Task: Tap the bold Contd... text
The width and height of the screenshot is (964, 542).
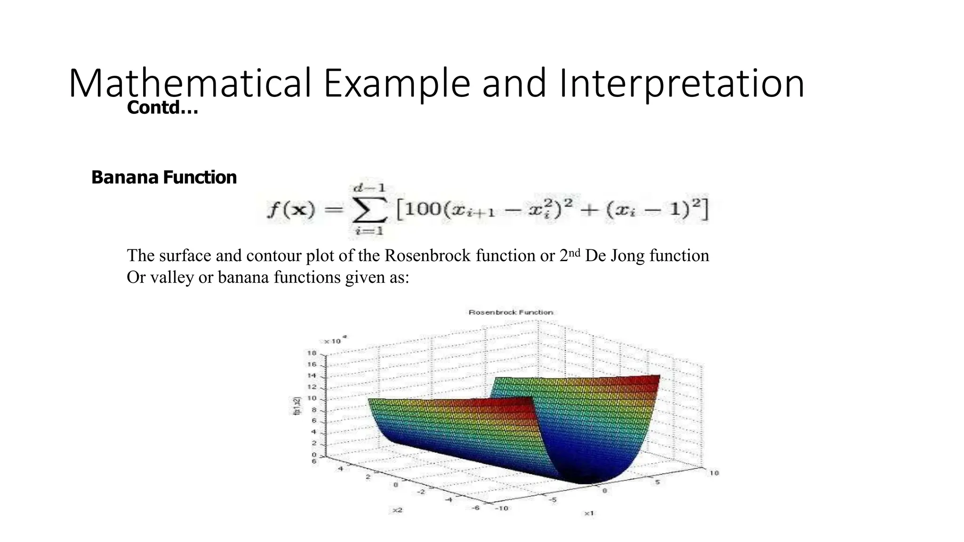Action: (162, 108)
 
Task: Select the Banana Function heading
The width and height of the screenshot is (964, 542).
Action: (164, 177)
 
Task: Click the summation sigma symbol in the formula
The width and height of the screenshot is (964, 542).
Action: (370, 210)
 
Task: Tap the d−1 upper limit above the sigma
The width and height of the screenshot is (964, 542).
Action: (370, 188)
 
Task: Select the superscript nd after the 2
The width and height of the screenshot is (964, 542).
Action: (575, 253)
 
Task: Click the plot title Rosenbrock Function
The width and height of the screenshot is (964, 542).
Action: (511, 312)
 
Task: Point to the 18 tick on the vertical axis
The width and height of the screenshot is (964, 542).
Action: (312, 353)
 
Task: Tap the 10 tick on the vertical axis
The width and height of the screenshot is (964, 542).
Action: (312, 399)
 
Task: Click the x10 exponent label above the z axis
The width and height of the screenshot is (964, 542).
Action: (335, 340)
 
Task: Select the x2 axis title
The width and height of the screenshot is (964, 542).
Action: (397, 510)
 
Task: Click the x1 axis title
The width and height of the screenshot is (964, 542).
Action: (589, 513)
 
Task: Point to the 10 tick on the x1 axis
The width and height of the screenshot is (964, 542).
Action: (714, 473)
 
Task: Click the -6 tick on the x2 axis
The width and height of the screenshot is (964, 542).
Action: (476, 508)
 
